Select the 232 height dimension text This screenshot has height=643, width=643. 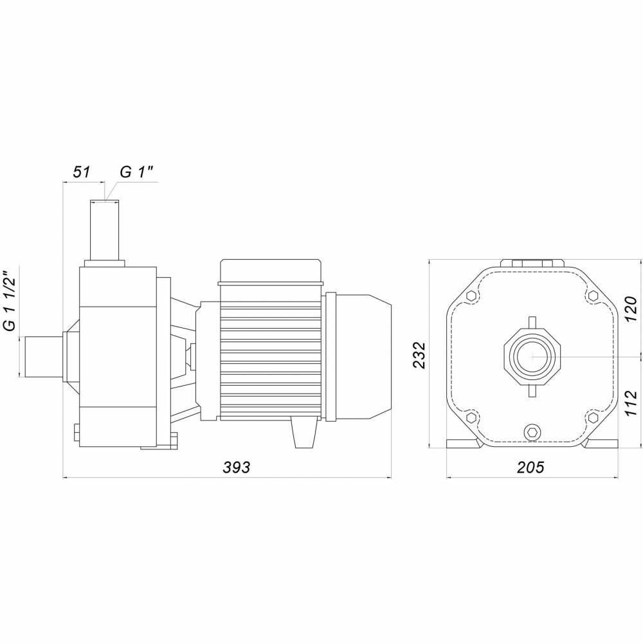tap(420, 355)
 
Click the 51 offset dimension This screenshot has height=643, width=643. tap(81, 172)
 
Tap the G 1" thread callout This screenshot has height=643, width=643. tap(136, 172)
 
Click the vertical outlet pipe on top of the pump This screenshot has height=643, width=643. tap(105, 230)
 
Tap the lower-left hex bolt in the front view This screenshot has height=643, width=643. tap(471, 417)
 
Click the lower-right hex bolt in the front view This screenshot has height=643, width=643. tap(593, 417)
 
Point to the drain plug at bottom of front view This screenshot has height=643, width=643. tap(532, 432)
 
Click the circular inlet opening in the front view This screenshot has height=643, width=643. tap(532, 356)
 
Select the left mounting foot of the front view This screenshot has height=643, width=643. tap(464, 443)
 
